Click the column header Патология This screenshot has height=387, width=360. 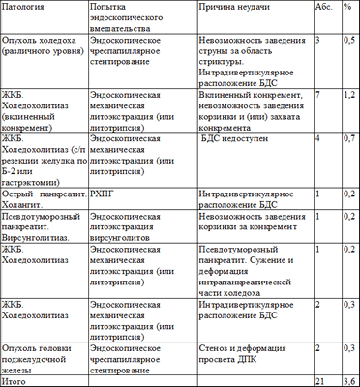pyautogui.click(x=23, y=8)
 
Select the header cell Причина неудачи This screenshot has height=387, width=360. pyautogui.click(x=235, y=8)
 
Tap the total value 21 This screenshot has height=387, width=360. pyautogui.click(x=321, y=380)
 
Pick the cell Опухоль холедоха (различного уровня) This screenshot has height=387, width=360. pyautogui.click(x=40, y=48)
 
